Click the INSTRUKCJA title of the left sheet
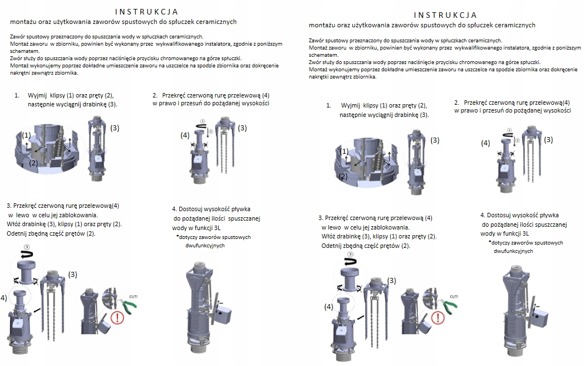(146, 12)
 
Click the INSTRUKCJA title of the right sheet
(445, 15)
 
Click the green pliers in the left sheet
(127, 304)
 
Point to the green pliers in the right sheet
(448, 305)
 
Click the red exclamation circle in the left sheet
(117, 318)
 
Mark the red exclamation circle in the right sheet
(438, 318)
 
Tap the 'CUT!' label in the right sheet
(454, 297)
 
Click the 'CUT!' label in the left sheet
(133, 297)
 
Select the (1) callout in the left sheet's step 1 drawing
(26, 135)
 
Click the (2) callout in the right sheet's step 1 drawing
(343, 176)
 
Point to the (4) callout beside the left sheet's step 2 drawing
(185, 135)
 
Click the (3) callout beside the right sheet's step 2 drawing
(548, 140)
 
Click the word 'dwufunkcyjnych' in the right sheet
(513, 251)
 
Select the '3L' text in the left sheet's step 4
(217, 228)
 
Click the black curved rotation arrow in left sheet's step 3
(27, 255)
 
